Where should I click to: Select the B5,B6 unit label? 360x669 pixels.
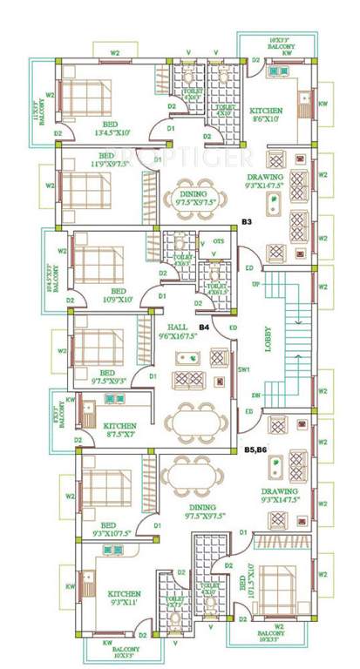(x=255, y=449)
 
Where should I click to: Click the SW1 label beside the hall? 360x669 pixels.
(x=242, y=369)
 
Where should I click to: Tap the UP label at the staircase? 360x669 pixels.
(x=255, y=284)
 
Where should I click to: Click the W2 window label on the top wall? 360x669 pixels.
(x=114, y=53)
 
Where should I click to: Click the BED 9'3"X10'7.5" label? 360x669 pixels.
(x=109, y=530)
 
